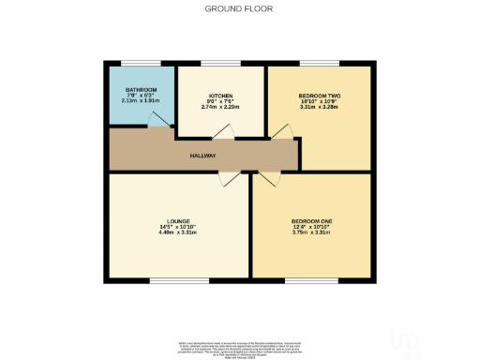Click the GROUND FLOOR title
(x=239, y=8)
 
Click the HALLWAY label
(x=202, y=156)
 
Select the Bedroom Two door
(x=278, y=133)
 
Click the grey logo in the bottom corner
(x=409, y=341)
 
